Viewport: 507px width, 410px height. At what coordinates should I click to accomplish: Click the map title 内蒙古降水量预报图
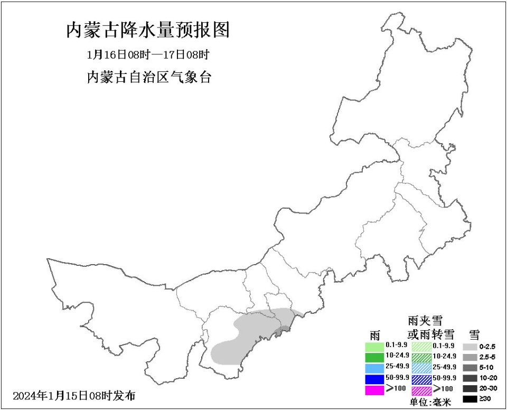(x=148, y=30)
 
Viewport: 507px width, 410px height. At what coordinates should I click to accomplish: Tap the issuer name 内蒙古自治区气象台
(x=149, y=77)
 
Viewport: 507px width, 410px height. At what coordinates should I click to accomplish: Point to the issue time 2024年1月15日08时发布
(x=74, y=396)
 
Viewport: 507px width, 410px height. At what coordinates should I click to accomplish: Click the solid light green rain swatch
(x=374, y=347)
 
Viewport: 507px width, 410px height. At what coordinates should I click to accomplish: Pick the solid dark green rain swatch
(x=374, y=358)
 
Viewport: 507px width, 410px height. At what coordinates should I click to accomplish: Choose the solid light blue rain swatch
(x=374, y=368)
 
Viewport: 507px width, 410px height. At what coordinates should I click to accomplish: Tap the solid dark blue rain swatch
(x=374, y=379)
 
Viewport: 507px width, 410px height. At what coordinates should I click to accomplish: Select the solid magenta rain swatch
(x=374, y=390)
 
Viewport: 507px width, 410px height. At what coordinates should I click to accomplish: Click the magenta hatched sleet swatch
(x=421, y=391)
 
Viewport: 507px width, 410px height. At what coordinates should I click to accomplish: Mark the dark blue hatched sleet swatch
(x=421, y=379)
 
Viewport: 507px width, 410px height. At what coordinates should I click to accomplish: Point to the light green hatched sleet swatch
(x=421, y=347)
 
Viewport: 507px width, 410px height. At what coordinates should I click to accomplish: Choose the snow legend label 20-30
(x=489, y=389)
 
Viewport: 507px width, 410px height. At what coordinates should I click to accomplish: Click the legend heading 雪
(x=474, y=334)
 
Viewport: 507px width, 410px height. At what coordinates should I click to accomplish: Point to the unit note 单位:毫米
(x=431, y=403)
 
